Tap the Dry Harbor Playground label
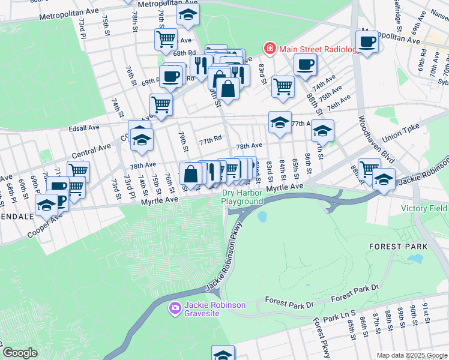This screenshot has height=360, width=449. [243, 197]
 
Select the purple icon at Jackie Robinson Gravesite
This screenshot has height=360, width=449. [175, 308]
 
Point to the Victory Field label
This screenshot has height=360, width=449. [424, 208]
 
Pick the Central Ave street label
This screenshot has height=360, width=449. [91, 151]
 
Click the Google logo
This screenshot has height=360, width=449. [19, 353]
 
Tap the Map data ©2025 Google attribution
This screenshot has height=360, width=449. [411, 355]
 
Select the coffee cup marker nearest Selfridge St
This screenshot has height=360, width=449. [366, 42]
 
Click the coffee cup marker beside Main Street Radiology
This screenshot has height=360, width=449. [305, 64]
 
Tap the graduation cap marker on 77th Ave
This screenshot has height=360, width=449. [280, 122]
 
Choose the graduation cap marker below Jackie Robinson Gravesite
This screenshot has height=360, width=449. [223, 355]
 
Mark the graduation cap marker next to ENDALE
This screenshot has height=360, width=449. [46, 205]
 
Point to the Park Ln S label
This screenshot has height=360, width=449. [339, 313]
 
